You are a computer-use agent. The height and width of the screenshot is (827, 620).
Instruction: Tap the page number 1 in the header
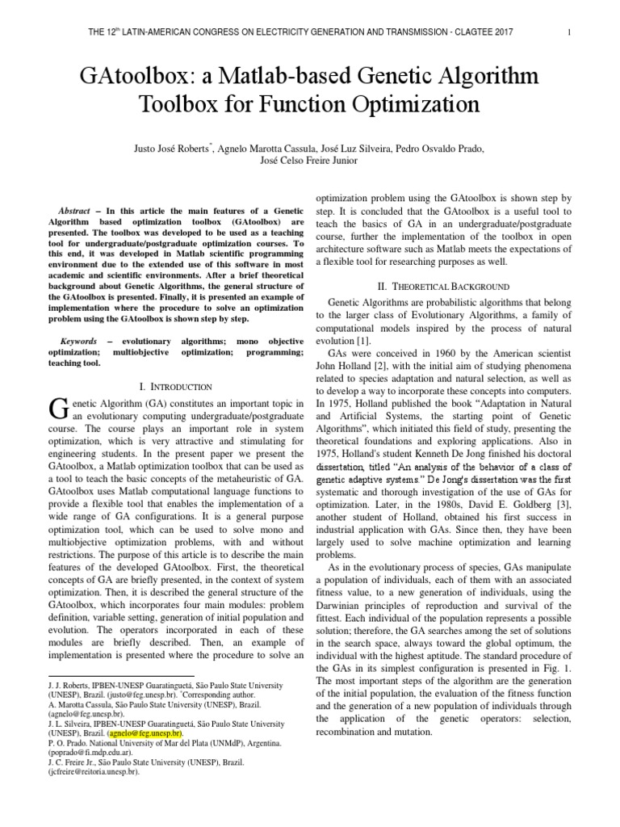click(x=569, y=32)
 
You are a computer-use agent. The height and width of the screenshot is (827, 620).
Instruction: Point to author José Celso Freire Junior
click(x=311, y=160)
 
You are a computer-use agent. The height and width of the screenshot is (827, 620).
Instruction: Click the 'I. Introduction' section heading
click(x=176, y=387)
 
